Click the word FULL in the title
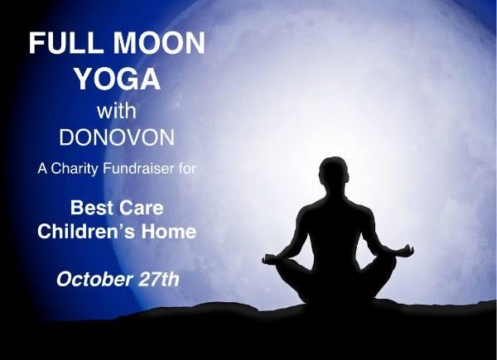pyautogui.click(x=65, y=44)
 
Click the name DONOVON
pyautogui.click(x=117, y=139)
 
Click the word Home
pyautogui.click(x=168, y=233)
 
